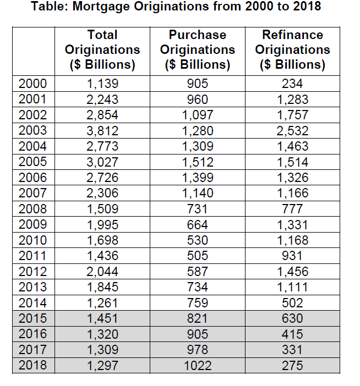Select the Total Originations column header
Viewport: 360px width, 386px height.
click(x=102, y=49)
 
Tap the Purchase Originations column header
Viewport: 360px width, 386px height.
click(x=198, y=49)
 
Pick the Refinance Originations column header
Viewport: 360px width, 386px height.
click(x=293, y=49)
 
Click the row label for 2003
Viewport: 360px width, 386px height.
click(x=32, y=131)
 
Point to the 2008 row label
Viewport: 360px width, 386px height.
click(x=32, y=209)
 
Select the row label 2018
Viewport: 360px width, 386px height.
click(x=32, y=365)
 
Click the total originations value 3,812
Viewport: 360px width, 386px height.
click(x=102, y=131)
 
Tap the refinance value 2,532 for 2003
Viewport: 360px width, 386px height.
click(x=293, y=131)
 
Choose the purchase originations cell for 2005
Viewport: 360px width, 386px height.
click(x=198, y=162)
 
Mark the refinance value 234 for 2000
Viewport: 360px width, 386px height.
click(x=293, y=84)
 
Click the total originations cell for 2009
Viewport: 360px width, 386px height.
click(x=102, y=224)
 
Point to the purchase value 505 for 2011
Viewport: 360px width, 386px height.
click(x=198, y=256)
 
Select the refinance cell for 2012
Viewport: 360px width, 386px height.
click(x=293, y=271)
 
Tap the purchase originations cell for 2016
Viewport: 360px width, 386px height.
click(x=198, y=334)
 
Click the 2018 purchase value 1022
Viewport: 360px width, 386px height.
click(x=198, y=365)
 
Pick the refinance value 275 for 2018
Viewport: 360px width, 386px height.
click(x=293, y=365)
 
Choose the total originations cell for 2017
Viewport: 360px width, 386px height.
click(x=102, y=349)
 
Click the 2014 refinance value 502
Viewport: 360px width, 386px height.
click(x=293, y=302)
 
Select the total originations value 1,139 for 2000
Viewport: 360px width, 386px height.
click(x=102, y=84)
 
